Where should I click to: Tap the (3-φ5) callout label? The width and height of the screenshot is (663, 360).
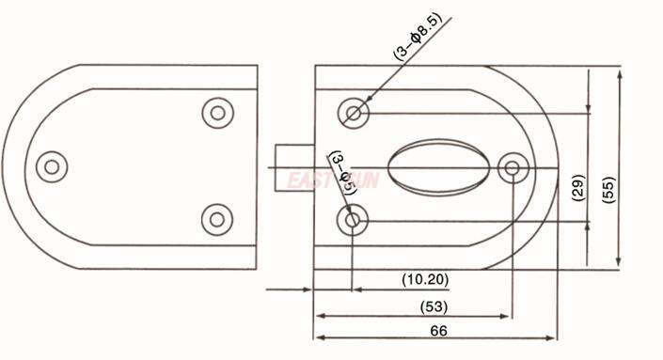click(x=341, y=171)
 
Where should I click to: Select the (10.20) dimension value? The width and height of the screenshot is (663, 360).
click(x=425, y=279)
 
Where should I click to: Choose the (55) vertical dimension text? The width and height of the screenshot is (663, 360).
click(x=608, y=188)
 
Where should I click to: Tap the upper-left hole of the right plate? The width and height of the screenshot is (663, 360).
click(x=355, y=113)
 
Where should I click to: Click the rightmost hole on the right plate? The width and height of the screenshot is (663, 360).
click(x=512, y=168)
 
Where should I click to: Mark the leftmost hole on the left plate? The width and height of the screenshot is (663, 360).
click(x=52, y=167)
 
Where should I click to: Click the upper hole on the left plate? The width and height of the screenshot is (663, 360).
click(x=217, y=113)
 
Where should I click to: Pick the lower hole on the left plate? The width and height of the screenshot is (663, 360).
click(x=217, y=220)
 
